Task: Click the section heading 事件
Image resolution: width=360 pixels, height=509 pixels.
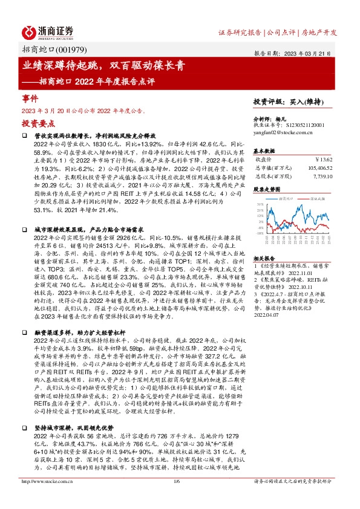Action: [30, 97]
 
